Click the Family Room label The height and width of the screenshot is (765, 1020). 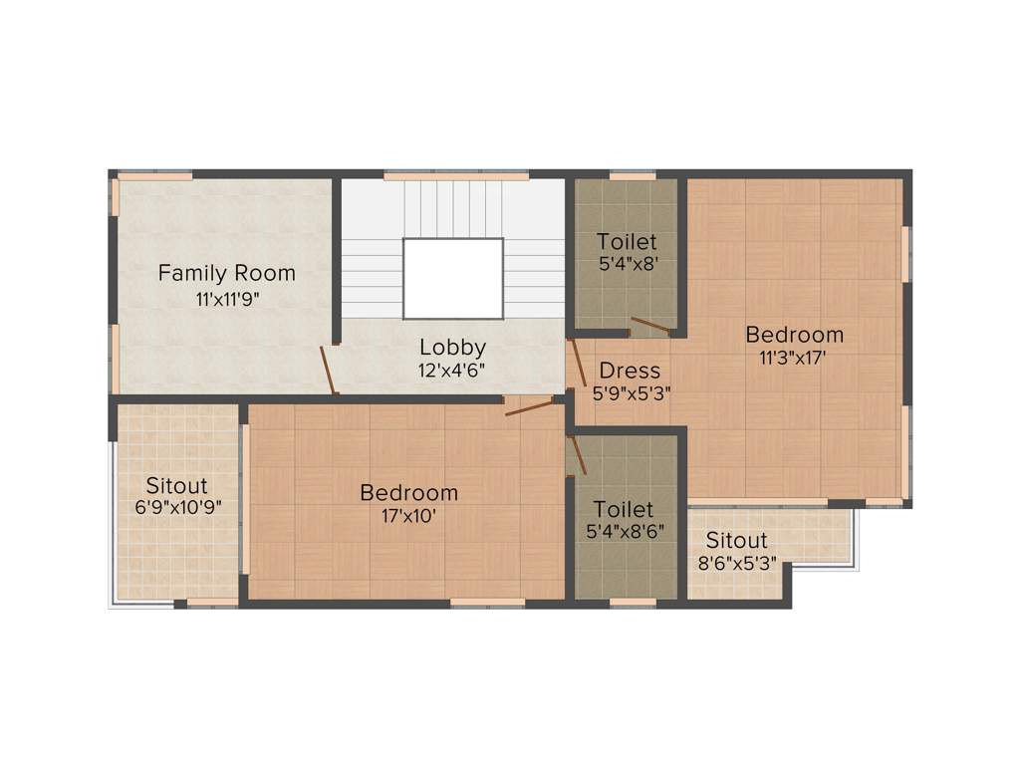point(227,272)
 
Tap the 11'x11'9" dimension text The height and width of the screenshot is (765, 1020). point(227,299)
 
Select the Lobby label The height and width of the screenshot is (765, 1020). point(452,348)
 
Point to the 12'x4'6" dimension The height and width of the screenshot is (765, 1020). point(452,371)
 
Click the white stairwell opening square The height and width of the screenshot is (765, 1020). point(452,278)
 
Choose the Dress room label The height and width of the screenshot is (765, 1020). point(630,371)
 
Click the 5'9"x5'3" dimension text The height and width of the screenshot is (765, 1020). point(631,393)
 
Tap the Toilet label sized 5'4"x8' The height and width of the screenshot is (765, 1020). point(628,242)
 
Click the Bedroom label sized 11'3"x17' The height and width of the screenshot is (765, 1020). point(795,334)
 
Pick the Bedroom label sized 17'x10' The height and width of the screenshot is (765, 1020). point(409,492)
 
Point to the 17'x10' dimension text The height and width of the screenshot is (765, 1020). point(408,516)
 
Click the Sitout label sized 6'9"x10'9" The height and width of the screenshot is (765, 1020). point(177,485)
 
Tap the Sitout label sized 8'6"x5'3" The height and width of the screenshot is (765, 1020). point(737,540)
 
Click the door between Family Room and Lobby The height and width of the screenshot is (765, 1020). point(328,370)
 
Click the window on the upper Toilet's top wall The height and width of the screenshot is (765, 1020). point(633,176)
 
